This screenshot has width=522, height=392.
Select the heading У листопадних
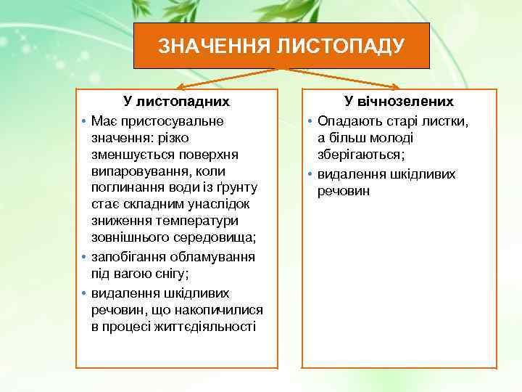tap(176, 102)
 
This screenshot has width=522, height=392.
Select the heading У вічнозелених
tap(399, 102)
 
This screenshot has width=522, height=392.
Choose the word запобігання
tap(129, 257)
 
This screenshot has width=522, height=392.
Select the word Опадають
tap(347, 120)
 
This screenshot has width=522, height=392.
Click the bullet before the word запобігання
tap(84, 258)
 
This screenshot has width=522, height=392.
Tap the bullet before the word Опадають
tap(310, 121)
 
